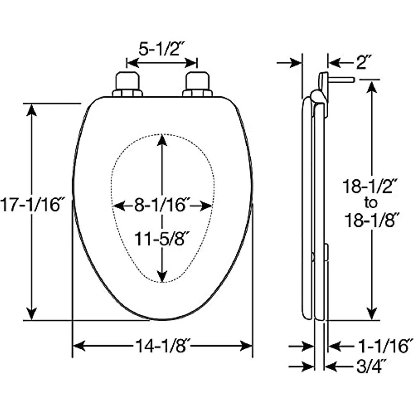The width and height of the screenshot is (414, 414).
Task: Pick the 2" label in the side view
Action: pyautogui.click(x=364, y=63)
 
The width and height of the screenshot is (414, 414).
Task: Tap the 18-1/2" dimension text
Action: pyautogui.click(x=370, y=186)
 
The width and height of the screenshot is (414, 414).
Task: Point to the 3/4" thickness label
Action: pyautogui.click(x=373, y=367)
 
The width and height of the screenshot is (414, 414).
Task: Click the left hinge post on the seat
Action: pyautogui.click(x=128, y=84)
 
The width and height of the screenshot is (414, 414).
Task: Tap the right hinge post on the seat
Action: pyautogui.click(x=198, y=84)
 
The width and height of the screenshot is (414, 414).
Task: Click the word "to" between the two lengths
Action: pyautogui.click(x=371, y=203)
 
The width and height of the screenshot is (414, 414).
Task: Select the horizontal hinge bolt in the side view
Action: pyautogui.click(x=341, y=79)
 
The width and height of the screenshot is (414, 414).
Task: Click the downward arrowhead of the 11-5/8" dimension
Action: pyautogui.click(x=162, y=276)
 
